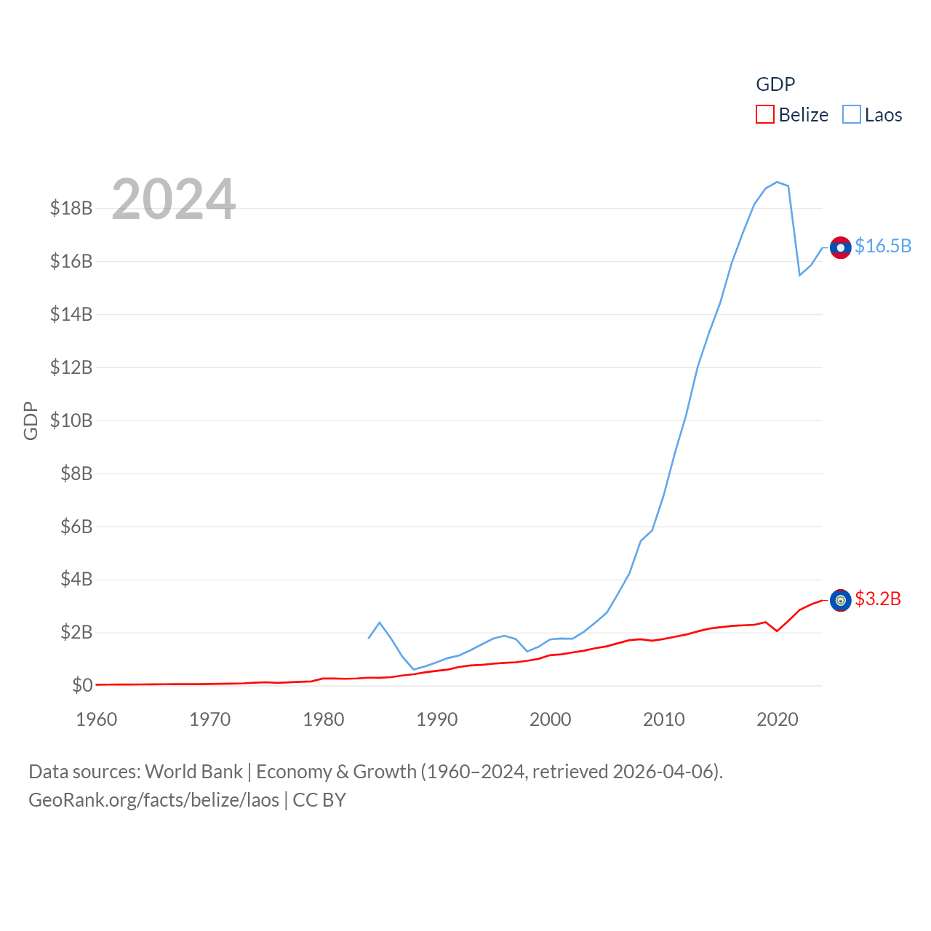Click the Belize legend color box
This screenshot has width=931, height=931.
point(765,115)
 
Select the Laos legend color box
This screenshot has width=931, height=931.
point(852,115)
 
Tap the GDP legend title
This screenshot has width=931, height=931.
point(775,84)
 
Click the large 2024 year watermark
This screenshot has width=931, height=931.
point(174,199)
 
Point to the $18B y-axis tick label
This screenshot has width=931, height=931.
point(71,208)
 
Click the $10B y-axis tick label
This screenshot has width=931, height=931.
point(71,420)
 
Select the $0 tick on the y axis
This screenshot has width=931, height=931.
point(82,685)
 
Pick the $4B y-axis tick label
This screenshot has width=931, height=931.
point(76,579)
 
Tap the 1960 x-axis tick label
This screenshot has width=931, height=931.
point(97,719)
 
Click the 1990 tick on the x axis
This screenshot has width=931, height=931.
point(437,719)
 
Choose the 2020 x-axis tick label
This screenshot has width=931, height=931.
point(778,719)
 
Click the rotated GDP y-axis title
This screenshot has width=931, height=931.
point(31,420)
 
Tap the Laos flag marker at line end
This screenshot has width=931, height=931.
point(841,248)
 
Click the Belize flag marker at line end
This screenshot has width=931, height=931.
point(841,600)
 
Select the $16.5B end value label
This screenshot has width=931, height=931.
point(883,246)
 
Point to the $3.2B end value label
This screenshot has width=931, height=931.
point(878,599)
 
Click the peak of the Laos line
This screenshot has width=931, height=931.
point(777,182)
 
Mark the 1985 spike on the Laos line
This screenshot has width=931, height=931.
point(380,623)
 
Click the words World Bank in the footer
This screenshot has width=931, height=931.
point(194,772)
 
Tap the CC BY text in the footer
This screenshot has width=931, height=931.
point(319,800)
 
